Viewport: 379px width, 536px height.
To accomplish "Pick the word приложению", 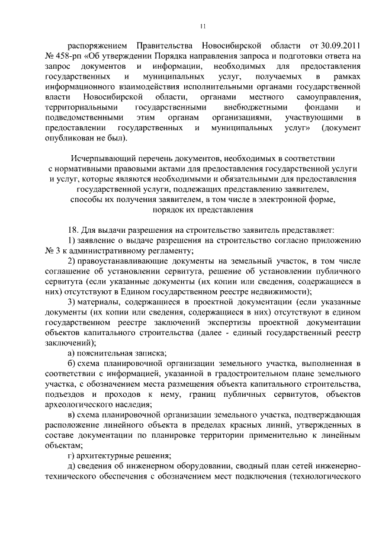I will [338, 240].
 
